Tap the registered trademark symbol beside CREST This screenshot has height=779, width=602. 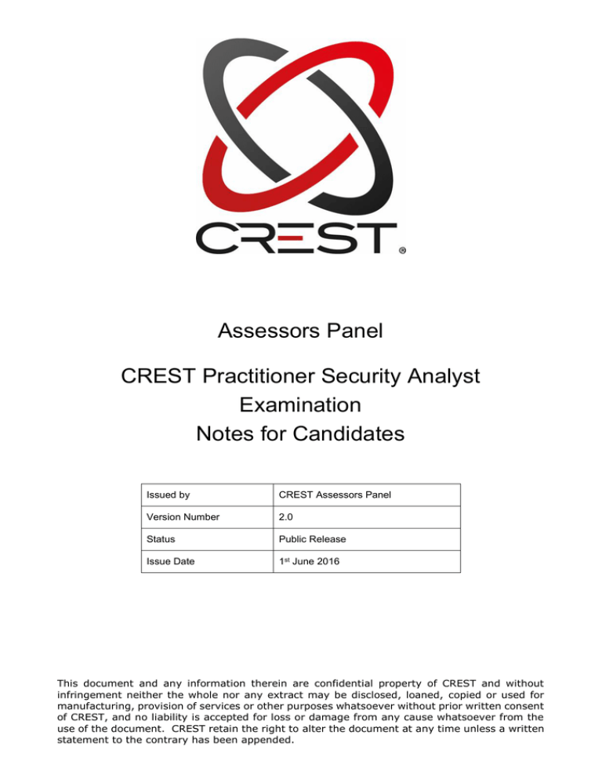(x=402, y=252)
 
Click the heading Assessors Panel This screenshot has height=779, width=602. (x=301, y=332)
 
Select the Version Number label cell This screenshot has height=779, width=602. (x=183, y=517)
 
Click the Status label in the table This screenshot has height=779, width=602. (x=161, y=539)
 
